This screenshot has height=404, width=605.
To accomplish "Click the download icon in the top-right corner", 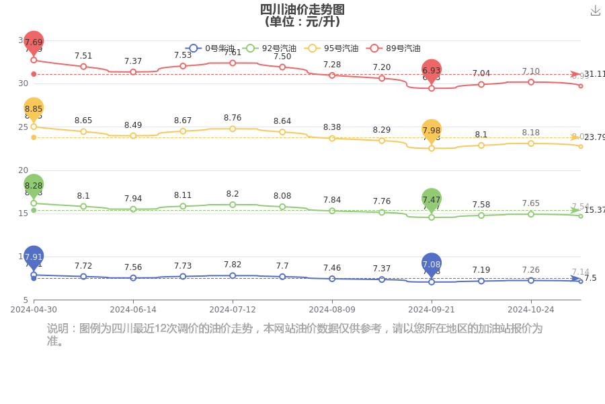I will click(x=595, y=11).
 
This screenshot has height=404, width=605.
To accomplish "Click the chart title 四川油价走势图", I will click(x=302, y=9).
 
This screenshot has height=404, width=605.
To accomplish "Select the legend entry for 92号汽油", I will click(x=270, y=48).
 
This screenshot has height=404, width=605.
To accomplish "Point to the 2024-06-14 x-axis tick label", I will click(x=133, y=310).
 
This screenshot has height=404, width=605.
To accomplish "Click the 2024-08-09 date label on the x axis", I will click(x=332, y=310).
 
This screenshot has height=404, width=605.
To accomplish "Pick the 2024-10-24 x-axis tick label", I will click(x=531, y=310).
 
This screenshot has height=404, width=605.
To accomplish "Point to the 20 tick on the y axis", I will click(x=22, y=170).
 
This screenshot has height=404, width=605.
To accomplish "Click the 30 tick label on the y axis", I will click(x=22, y=83).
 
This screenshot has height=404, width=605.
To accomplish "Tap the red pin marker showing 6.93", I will click(x=432, y=70).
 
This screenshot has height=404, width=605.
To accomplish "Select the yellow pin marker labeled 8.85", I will click(x=34, y=108).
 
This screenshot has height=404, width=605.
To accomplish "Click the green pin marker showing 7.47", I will click(x=432, y=199).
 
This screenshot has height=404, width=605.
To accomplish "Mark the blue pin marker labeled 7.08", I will click(x=432, y=263).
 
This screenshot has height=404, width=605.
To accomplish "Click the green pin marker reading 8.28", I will click(x=34, y=185).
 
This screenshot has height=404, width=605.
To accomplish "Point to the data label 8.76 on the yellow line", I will click(x=233, y=118).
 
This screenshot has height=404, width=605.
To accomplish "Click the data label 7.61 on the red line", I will click(x=233, y=52).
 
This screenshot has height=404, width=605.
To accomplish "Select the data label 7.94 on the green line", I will click(x=133, y=198).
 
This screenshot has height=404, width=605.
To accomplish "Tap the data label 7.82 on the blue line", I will click(x=233, y=265).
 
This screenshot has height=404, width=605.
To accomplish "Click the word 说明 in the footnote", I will click(x=58, y=329).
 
